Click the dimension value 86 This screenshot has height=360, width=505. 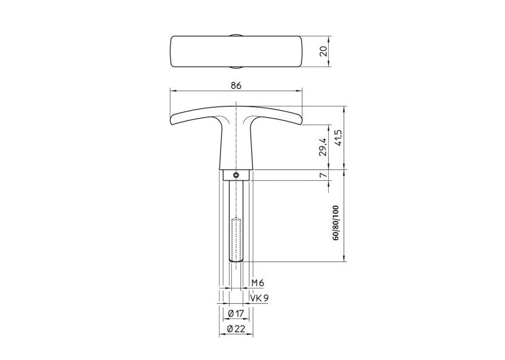(x=236, y=85)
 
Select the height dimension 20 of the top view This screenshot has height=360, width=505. (x=324, y=51)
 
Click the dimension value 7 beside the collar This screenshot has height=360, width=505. (x=323, y=175)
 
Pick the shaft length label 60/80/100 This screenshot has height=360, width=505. (x=336, y=223)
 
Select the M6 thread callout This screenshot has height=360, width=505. (x=258, y=283)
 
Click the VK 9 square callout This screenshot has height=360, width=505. (x=260, y=298)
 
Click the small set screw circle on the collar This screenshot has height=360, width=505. (x=236, y=175)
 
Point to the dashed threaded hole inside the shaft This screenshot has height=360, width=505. (x=236, y=238)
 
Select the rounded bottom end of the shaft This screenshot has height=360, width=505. (x=236, y=260)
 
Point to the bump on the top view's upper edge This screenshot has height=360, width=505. (x=236, y=35)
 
